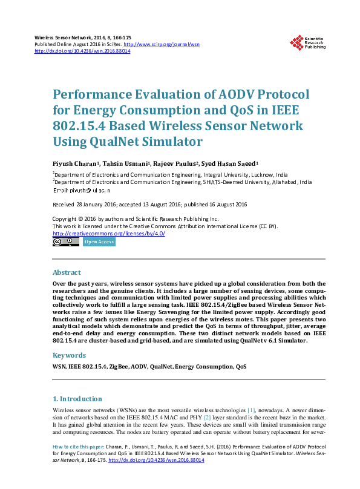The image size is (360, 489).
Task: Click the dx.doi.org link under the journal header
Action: click(82, 51)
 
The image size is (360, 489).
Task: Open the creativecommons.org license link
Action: click(109, 233)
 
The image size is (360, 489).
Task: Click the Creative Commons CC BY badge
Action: click(65, 241)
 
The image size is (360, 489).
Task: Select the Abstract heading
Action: click(67, 272)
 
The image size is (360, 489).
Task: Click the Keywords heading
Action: click(69, 355)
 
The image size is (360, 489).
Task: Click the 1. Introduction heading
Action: click(77, 399)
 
